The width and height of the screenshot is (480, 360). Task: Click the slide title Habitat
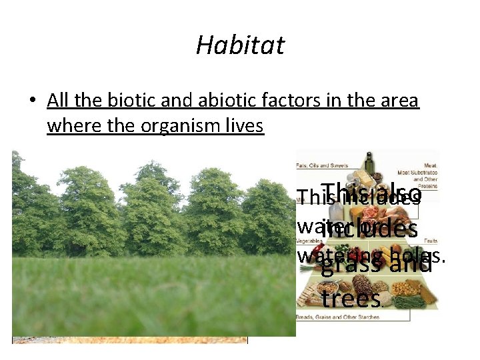(x=240, y=45)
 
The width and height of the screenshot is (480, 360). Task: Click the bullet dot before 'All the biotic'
(x=31, y=101)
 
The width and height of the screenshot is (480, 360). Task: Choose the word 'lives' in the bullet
(x=245, y=125)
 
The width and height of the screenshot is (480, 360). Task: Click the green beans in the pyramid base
(x=411, y=301)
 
